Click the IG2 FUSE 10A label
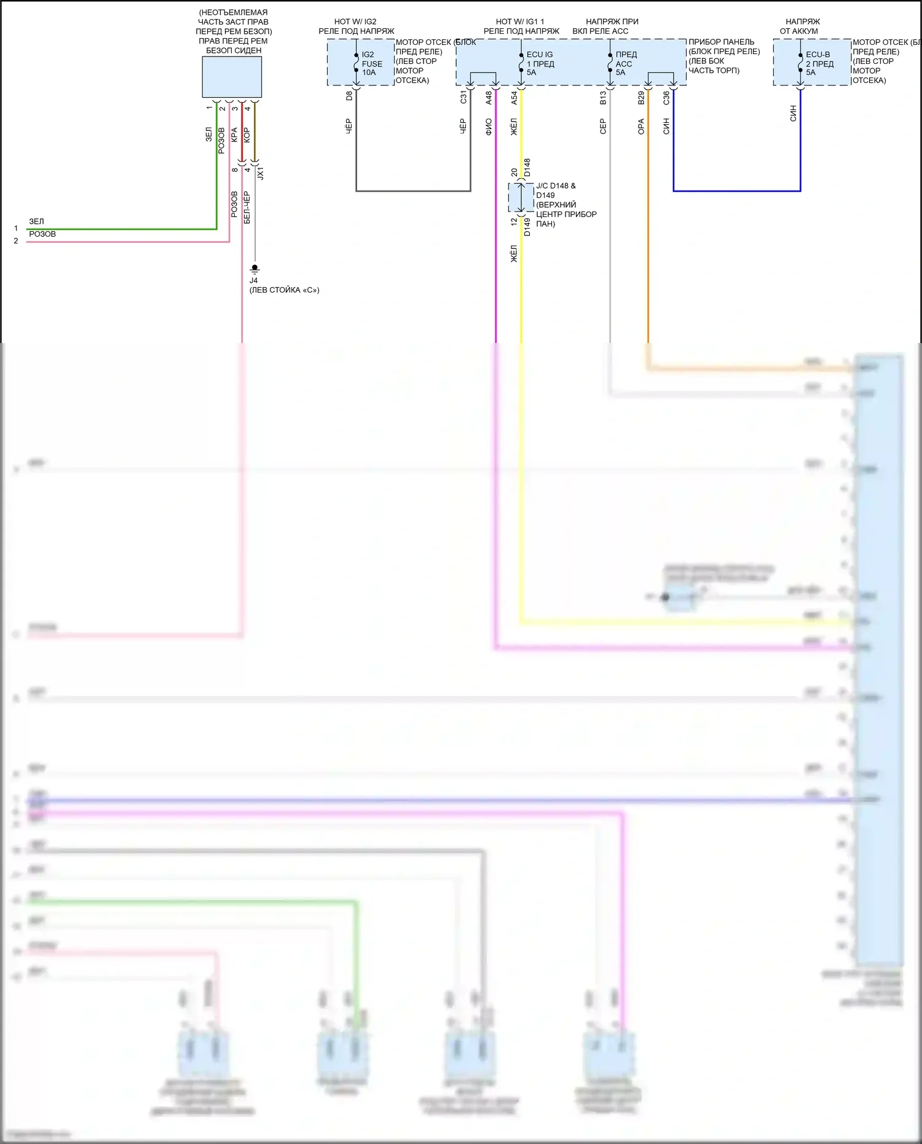[371, 63]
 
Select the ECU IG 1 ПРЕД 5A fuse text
[540, 63]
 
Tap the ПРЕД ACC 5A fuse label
[626, 63]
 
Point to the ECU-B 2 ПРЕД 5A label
[819, 63]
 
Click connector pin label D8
[349, 96]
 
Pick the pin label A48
[489, 97]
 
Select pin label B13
[603, 97]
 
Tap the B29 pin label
[641, 97]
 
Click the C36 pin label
[666, 97]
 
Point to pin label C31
[463, 97]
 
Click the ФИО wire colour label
[489, 127]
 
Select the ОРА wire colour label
[641, 127]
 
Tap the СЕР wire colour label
[603, 127]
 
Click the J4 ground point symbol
[254, 269]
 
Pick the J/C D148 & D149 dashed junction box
[521, 197]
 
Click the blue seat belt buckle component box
[232, 77]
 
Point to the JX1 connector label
[260, 173]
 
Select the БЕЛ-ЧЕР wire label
[246, 207]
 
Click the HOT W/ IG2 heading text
[355, 22]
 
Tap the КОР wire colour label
[246, 135]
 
